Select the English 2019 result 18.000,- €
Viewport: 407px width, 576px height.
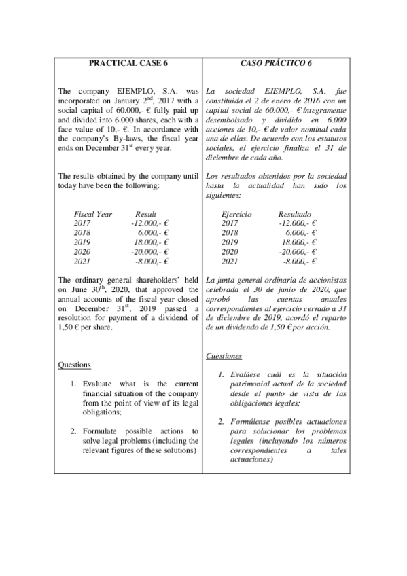[x=151, y=242]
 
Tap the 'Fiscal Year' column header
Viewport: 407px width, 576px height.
[x=93, y=214]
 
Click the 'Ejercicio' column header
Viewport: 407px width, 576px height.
[x=236, y=214]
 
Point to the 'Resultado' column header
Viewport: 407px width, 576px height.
[x=295, y=214]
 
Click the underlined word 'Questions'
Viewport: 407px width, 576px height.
[x=75, y=365]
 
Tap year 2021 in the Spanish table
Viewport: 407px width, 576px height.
[x=230, y=261]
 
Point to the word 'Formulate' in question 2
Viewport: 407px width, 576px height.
[x=102, y=431]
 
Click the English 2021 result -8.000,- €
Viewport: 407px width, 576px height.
[x=152, y=261]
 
